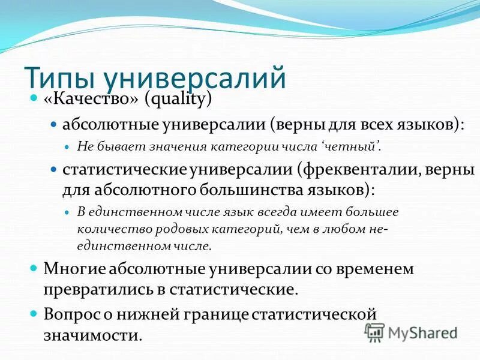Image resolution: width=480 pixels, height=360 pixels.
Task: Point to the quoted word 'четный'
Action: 354,146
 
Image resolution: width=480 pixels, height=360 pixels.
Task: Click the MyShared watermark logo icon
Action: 374,331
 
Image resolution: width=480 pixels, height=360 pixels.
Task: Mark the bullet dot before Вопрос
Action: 34,313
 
